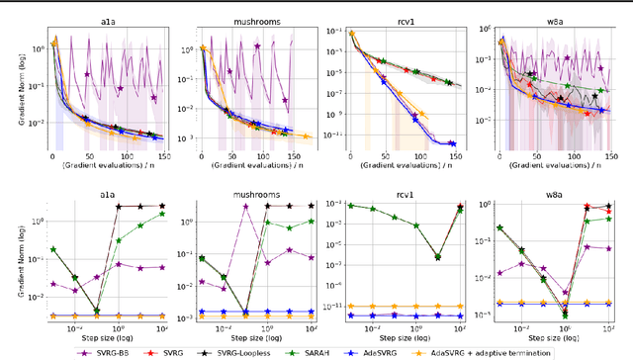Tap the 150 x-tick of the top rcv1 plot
pyautogui.click(x=454, y=156)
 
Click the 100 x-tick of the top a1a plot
pyautogui.click(x=119, y=156)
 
